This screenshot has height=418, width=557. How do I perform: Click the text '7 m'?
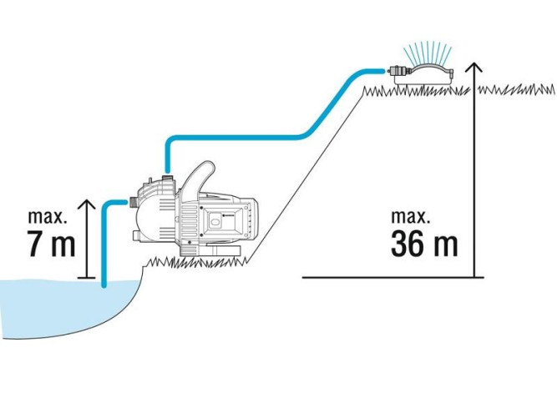click(51, 244)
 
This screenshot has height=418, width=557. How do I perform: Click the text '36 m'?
click(424, 244)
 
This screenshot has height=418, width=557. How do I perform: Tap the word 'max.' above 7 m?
click(48, 216)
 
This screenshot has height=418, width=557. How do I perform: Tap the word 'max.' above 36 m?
click(411, 216)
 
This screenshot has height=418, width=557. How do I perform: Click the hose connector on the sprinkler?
click(397, 71)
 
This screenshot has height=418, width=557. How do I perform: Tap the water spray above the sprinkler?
click(428, 53)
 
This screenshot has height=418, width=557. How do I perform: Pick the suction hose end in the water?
click(104, 284)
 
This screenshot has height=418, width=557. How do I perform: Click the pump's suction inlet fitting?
click(134, 202)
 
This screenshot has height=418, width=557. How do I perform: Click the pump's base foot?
click(210, 251)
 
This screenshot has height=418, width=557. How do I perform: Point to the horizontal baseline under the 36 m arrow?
click(392, 277)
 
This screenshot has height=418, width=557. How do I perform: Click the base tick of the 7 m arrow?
click(86, 277)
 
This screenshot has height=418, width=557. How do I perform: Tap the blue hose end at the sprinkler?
click(382, 71)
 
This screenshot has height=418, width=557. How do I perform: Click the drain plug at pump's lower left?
click(137, 235)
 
